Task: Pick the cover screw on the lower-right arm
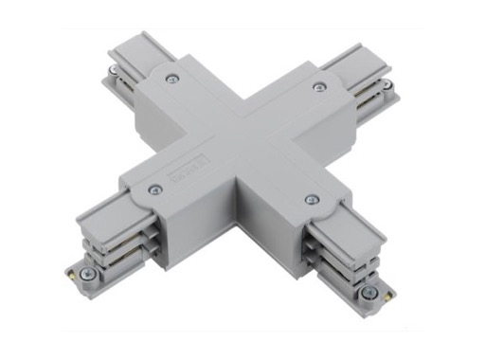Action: tap(312, 199)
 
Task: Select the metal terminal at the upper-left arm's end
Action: tap(115, 69)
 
